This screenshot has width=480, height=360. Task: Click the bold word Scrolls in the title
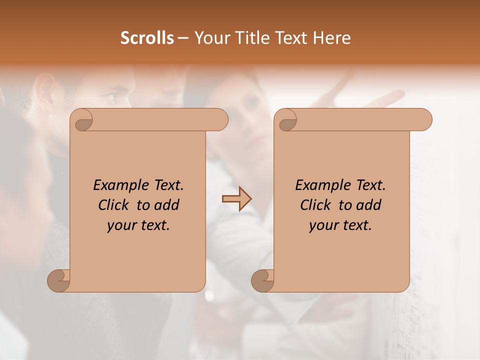147,37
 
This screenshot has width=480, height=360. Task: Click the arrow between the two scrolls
236,198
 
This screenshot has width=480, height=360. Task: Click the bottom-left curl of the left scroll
58,280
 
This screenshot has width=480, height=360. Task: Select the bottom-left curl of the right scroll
262,280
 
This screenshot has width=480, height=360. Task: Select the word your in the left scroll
120,225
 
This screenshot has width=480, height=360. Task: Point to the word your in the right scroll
322,225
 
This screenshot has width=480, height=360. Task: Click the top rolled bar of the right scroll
360,119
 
